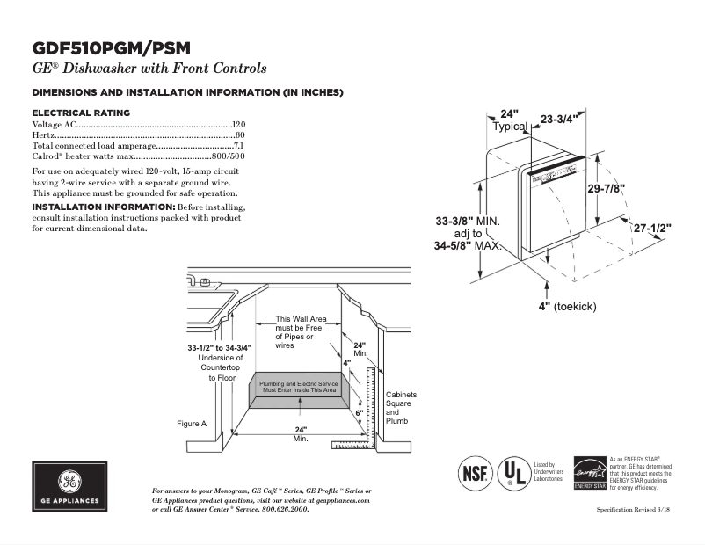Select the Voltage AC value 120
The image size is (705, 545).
pyautogui.click(x=238, y=126)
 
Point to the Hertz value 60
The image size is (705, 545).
pyautogui.click(x=239, y=135)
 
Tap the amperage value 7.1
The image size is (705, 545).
pyautogui.click(x=238, y=146)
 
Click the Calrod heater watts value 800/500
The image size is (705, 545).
pyautogui.click(x=228, y=156)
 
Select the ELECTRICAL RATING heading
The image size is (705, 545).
pyautogui.click(x=81, y=113)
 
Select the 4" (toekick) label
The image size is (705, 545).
pyautogui.click(x=568, y=305)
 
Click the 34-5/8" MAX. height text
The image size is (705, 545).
pyautogui.click(x=467, y=247)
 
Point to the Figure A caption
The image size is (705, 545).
pyautogui.click(x=192, y=424)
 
